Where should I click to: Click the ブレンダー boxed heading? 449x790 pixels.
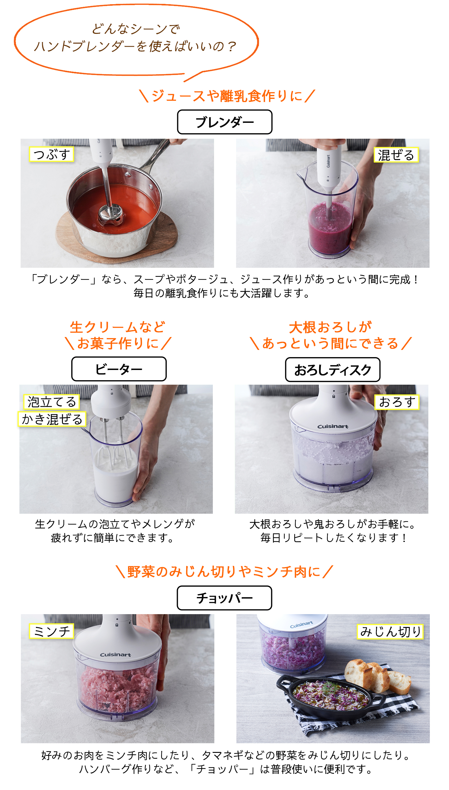[x=224, y=122]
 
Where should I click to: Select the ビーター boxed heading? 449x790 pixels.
[x=119, y=369]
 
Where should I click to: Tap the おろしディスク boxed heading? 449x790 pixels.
[x=333, y=369]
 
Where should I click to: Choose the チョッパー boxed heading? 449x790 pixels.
[x=224, y=598]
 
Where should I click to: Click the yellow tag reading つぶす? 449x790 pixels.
[x=51, y=154]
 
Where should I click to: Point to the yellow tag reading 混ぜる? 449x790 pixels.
[x=396, y=155]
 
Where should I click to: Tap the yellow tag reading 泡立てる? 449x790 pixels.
[x=52, y=402]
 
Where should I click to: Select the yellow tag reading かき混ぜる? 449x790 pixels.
[x=52, y=419]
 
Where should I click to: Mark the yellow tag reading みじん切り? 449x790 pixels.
[x=390, y=632]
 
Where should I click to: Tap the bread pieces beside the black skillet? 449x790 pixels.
[x=377, y=676]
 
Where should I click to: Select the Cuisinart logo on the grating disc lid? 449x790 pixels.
[x=333, y=427]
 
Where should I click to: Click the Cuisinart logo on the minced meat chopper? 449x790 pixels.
[x=115, y=655]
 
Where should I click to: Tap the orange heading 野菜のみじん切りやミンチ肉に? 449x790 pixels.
[x=224, y=572]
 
